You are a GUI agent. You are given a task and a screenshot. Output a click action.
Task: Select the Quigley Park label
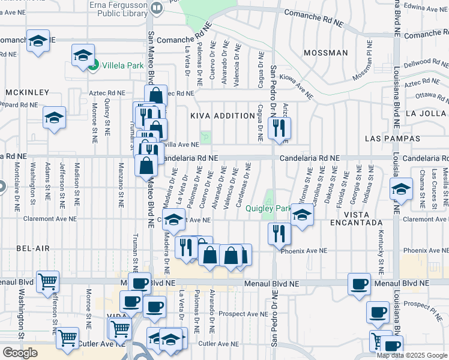268,209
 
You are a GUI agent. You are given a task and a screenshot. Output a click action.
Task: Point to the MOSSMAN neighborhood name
326,53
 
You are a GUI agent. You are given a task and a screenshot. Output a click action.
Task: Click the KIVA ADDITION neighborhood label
223,116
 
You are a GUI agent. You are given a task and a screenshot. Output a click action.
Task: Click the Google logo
20,353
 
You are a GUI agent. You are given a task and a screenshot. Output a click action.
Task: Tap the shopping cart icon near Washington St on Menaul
47,280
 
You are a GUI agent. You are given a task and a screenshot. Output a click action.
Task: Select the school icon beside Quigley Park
302,214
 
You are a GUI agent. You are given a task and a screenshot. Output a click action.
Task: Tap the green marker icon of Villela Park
93,65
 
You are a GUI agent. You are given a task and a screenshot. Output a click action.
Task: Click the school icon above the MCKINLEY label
37,41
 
